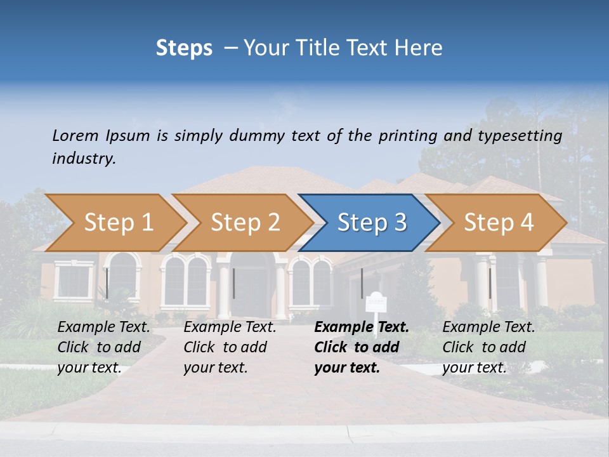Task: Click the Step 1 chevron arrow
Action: (x=117, y=223)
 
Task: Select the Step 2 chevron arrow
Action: (x=244, y=223)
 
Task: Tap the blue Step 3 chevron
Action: (x=371, y=223)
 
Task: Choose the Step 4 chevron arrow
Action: (x=498, y=223)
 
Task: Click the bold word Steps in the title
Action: (x=184, y=48)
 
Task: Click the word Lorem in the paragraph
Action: (x=74, y=135)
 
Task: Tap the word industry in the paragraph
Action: (x=83, y=159)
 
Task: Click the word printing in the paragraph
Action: (x=405, y=136)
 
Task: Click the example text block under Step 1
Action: (x=104, y=347)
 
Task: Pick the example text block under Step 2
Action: (x=230, y=347)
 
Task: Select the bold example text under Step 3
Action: (x=362, y=347)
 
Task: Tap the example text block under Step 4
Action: (x=488, y=347)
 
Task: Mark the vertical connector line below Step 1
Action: (x=107, y=283)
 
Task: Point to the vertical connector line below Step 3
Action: (x=362, y=283)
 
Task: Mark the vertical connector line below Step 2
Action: (x=233, y=283)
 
